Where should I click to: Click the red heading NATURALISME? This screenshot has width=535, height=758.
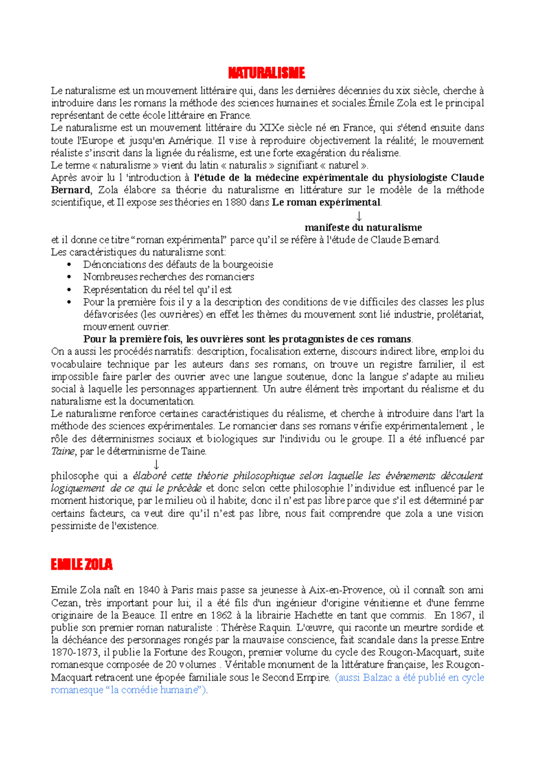[266, 73]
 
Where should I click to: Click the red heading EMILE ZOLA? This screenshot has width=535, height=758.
[82, 565]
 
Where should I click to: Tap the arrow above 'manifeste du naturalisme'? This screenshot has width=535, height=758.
[359, 216]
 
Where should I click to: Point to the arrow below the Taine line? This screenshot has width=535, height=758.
[156, 464]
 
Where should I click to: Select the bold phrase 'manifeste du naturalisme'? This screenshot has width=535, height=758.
[363, 227]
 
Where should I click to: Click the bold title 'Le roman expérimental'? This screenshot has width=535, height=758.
[326, 202]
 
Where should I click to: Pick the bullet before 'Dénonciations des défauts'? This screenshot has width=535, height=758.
[69, 265]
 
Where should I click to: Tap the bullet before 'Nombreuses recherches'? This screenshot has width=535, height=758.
[69, 277]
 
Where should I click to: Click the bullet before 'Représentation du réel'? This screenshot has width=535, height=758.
[69, 290]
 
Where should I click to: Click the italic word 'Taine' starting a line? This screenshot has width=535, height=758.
[62, 451]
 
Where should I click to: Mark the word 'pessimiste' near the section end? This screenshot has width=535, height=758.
[73, 526]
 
